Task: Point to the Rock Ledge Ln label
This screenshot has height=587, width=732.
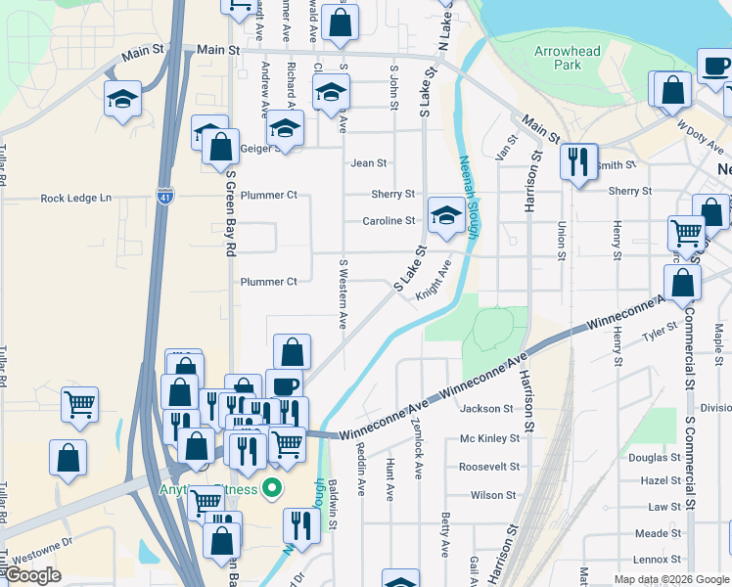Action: click(76, 199)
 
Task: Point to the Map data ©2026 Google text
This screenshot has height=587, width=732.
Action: click(671, 579)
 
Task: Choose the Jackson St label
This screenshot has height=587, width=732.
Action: click(486, 409)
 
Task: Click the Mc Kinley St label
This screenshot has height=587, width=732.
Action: click(486, 439)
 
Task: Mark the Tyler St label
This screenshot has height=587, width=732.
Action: click(652, 337)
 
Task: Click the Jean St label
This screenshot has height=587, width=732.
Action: click(369, 163)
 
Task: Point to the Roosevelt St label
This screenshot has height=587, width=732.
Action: click(486, 468)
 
